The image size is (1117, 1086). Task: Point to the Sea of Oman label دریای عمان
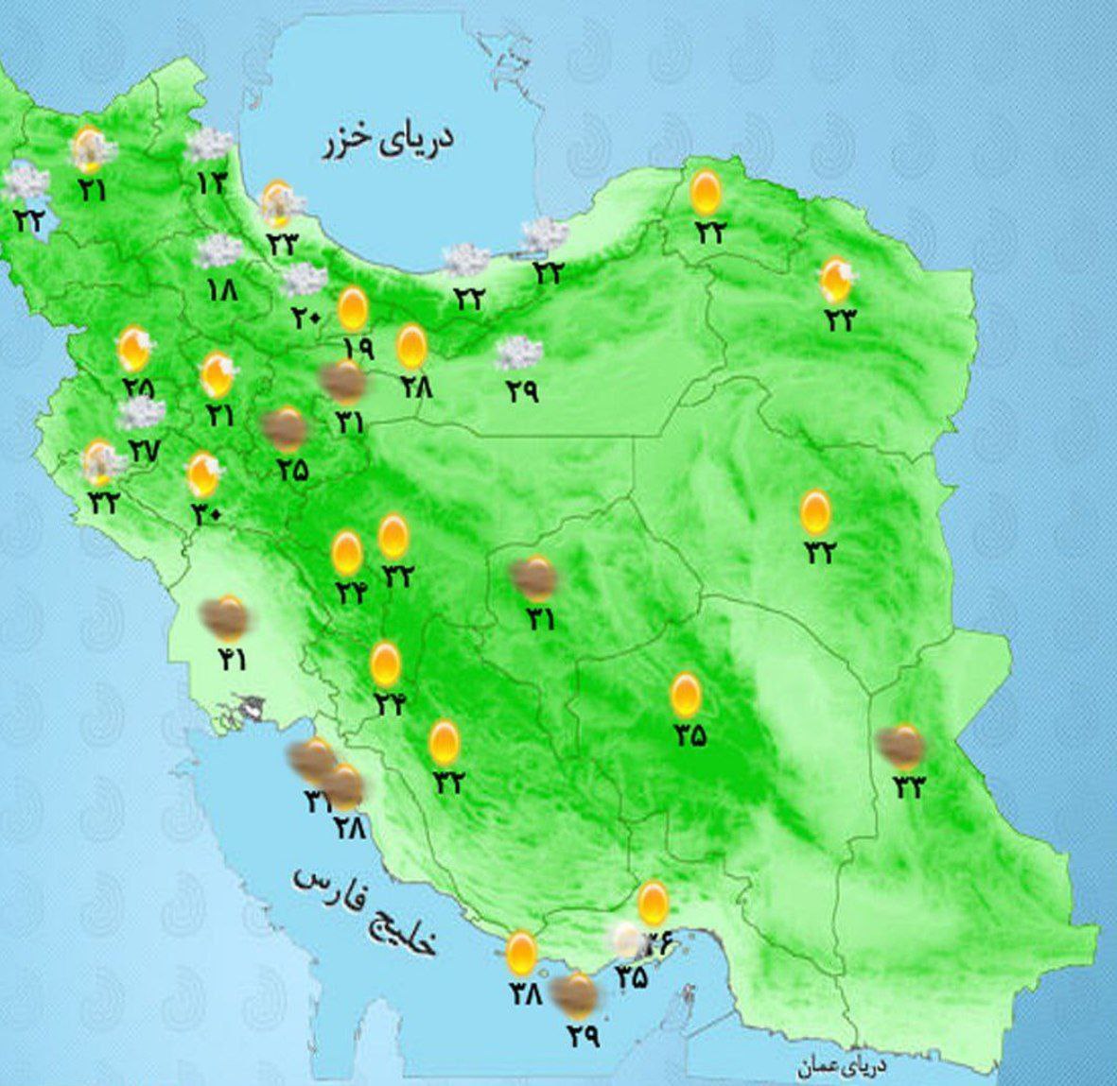click(841, 1067)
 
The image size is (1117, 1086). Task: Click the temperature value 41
click(229, 659)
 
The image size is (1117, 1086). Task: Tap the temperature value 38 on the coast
click(523, 994)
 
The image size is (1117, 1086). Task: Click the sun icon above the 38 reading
click(520, 954)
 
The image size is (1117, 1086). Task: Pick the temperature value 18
click(223, 290)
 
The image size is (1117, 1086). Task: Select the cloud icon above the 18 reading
click(219, 251)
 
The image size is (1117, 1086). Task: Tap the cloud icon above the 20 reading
click(304, 280)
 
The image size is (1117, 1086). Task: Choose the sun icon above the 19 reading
click(353, 307)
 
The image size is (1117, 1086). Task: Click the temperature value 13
click(211, 182)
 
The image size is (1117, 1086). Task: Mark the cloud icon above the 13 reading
click(209, 145)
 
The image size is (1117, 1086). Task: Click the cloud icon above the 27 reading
click(142, 413)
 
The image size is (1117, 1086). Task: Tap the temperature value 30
click(205, 513)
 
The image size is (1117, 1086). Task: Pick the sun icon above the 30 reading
click(203, 474)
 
